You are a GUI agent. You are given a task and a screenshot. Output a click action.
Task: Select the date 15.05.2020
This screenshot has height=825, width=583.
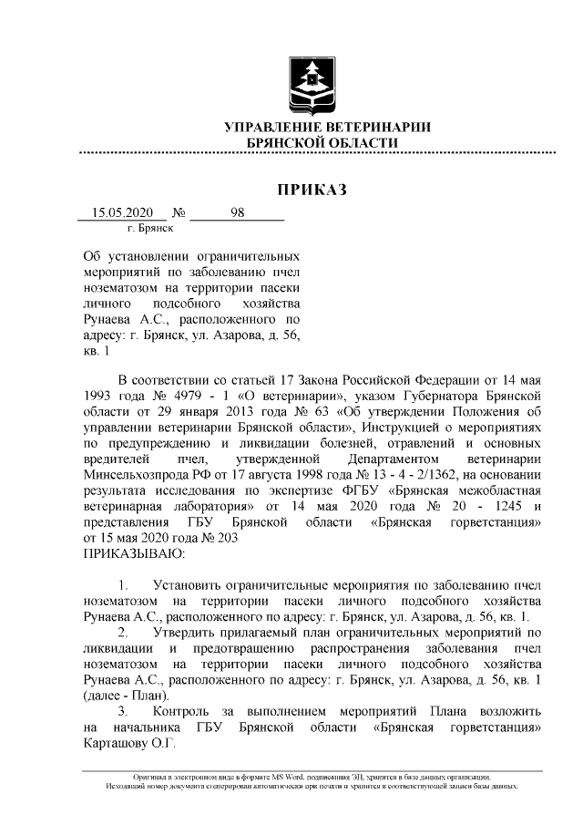(x=124, y=213)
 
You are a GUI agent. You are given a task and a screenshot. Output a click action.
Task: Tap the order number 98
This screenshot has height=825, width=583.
(x=238, y=213)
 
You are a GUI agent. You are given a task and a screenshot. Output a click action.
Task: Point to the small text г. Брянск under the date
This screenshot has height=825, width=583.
(x=150, y=228)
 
